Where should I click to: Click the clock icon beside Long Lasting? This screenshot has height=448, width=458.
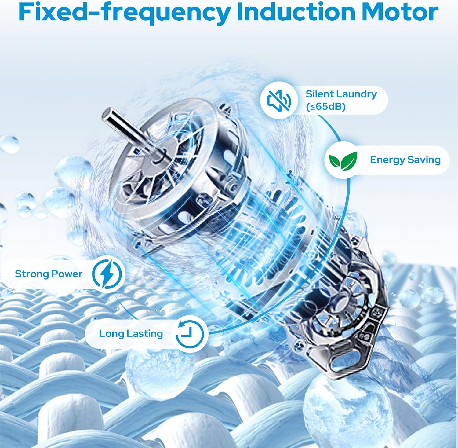coord(190,333)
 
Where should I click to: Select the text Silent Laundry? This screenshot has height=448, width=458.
coord(341,94)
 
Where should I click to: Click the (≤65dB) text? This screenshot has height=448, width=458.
coord(325,107)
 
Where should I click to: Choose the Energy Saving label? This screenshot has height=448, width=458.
coord(405,160)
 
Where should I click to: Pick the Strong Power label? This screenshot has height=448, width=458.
coord(49,274)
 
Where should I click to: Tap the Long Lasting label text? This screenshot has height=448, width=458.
coord(131,333)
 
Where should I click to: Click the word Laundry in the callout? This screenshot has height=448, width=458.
coord(357,94)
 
